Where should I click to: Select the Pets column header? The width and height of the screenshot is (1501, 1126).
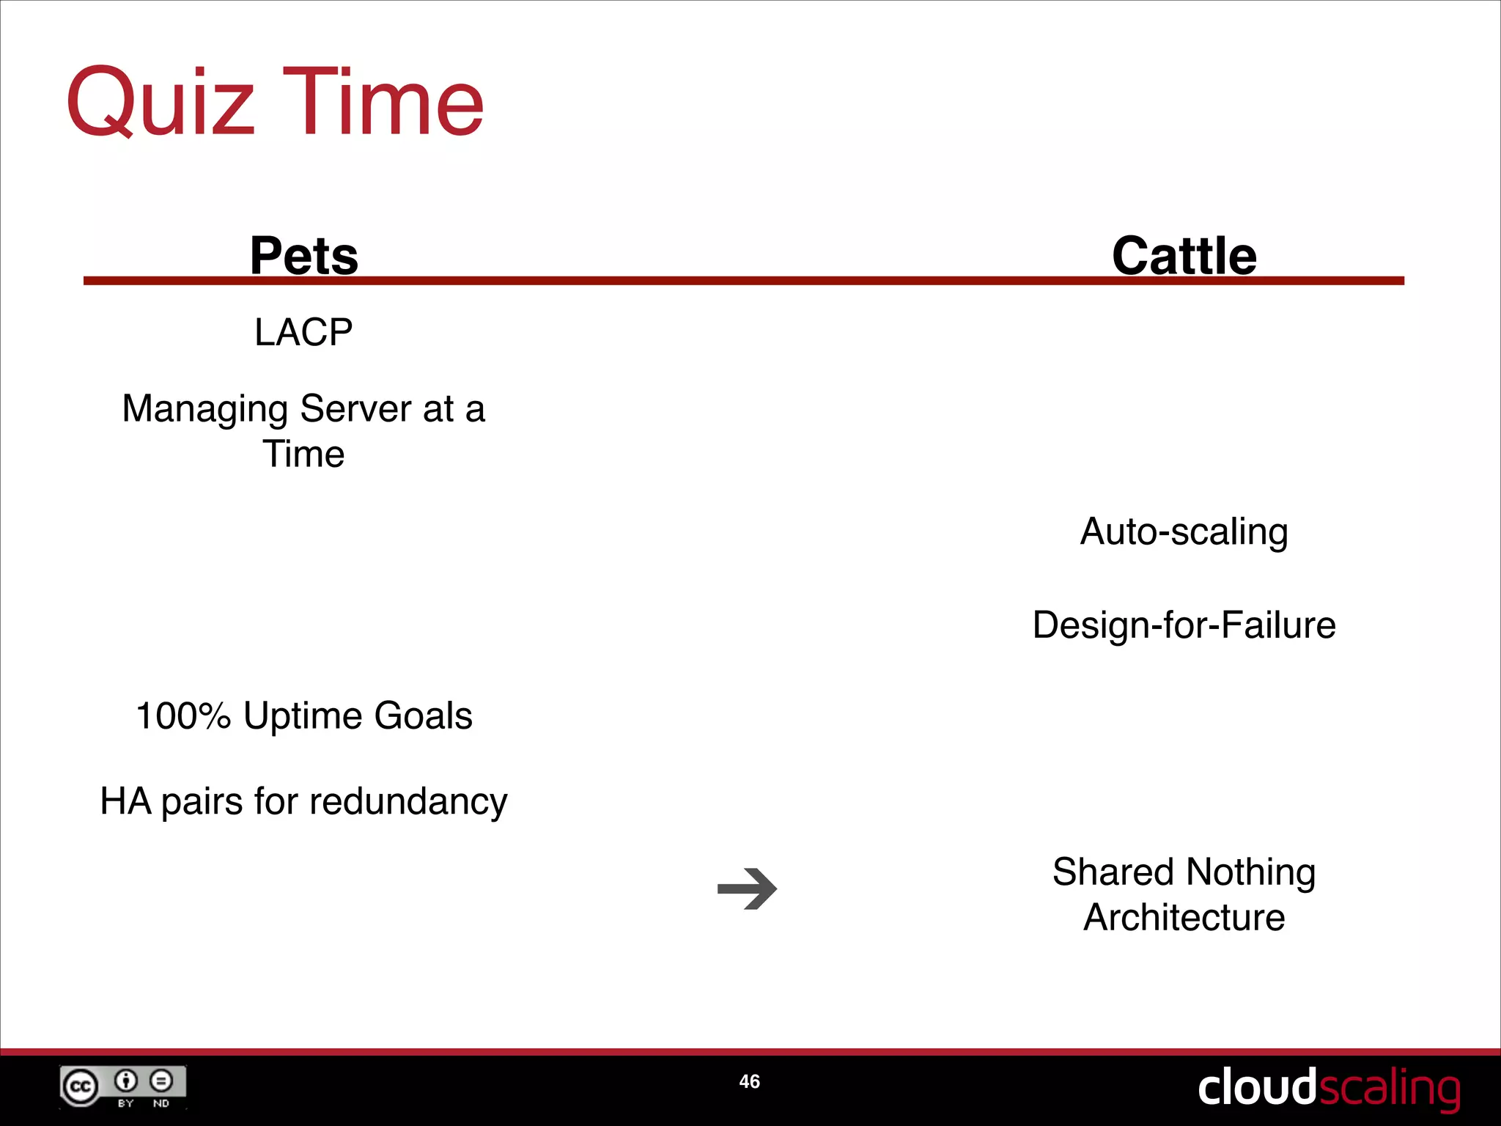click(303, 256)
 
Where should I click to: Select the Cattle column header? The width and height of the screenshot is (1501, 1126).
click(1184, 256)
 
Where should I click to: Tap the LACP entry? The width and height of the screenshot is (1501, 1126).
click(303, 333)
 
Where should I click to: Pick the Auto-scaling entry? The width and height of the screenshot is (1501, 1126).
click(1184, 531)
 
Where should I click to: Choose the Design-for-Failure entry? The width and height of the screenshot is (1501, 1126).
click(1184, 625)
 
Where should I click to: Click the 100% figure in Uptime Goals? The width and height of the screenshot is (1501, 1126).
click(183, 716)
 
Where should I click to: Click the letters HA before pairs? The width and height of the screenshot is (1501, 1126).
click(125, 801)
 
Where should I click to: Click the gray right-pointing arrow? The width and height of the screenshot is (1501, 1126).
click(747, 889)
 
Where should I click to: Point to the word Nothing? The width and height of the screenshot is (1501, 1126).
click(1250, 873)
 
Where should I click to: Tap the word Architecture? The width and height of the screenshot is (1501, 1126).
click(1184, 918)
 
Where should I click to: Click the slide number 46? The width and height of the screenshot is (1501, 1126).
click(749, 1081)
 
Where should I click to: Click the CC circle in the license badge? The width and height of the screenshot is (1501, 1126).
click(80, 1086)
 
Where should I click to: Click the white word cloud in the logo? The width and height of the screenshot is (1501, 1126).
click(1256, 1087)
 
